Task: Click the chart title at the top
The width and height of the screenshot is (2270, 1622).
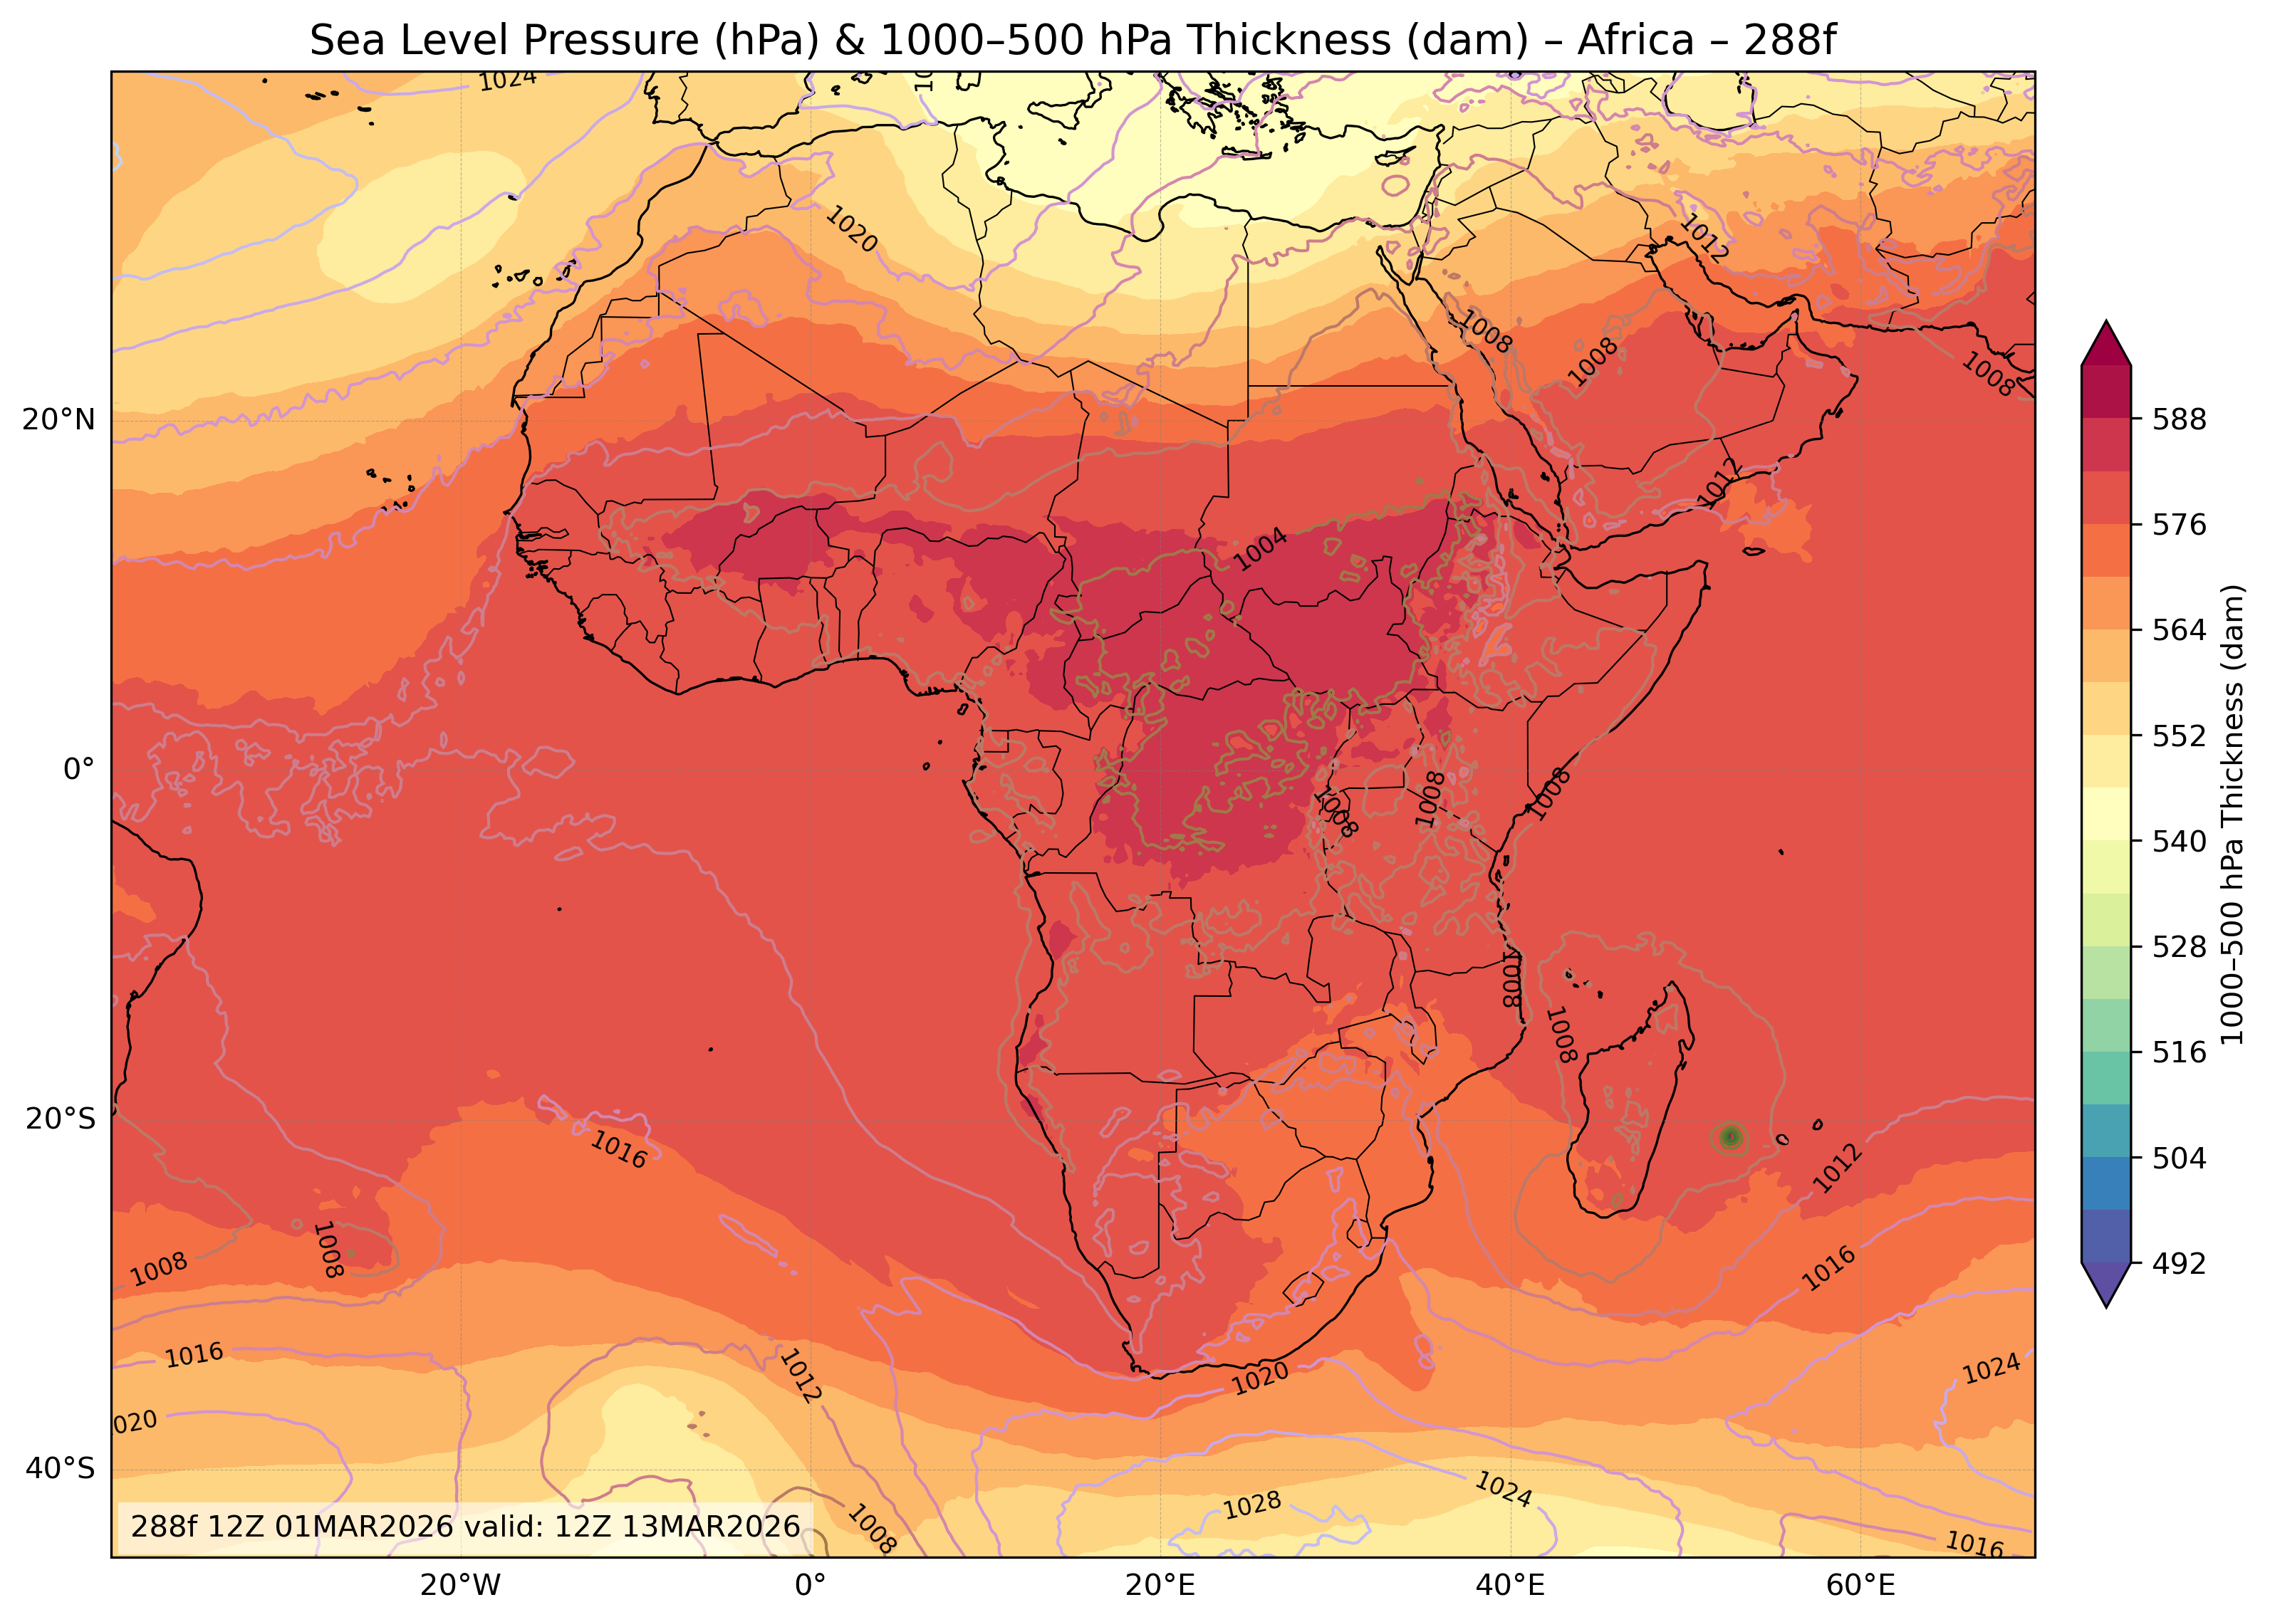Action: [1072, 41]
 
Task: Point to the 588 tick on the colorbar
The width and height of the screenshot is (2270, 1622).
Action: [2179, 419]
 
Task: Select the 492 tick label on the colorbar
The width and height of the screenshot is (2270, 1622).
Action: [2179, 1265]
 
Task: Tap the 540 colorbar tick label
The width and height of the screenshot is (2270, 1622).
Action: [2179, 842]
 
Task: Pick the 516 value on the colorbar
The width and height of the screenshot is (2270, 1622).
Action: [2179, 1052]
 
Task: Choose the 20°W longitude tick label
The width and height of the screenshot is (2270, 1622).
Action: [459, 1586]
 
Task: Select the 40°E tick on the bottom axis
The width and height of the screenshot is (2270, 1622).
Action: [1510, 1586]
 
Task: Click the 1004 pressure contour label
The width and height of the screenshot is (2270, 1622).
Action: [1261, 550]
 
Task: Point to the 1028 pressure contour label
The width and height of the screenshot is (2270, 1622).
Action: [1252, 1505]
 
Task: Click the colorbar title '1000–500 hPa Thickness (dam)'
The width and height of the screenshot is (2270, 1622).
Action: [2233, 814]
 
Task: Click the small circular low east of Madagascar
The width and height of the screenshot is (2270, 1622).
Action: [1732, 1136]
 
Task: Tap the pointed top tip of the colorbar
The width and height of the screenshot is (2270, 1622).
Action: [2106, 325]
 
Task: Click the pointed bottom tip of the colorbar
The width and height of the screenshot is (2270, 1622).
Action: [2106, 1304]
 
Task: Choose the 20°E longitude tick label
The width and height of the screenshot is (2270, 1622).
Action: [1160, 1586]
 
